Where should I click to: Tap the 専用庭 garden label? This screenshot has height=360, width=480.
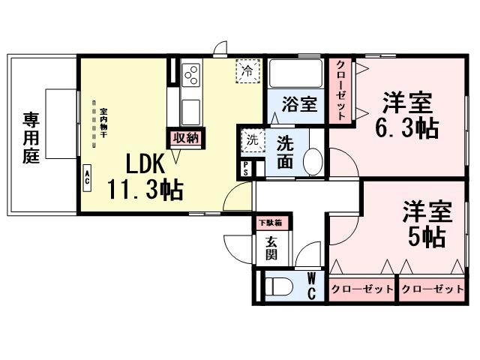[x=30, y=138]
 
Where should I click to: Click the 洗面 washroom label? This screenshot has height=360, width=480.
[x=285, y=150]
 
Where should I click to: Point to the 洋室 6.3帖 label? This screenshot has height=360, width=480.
[x=406, y=113]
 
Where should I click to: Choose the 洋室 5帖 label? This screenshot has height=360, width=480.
[x=426, y=223]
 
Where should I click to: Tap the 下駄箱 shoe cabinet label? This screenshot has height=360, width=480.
[x=271, y=222]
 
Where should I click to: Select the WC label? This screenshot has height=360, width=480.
[x=311, y=286]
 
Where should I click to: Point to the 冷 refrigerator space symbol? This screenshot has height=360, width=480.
[x=247, y=71]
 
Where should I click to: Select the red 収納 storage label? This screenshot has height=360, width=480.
[x=184, y=138]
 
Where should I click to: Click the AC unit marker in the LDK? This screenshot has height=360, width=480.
[x=87, y=177]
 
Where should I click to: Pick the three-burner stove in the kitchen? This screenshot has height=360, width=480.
[x=190, y=75]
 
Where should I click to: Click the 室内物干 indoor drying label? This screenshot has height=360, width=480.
[x=103, y=124]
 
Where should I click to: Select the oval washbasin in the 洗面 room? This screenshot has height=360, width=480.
[x=313, y=160]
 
